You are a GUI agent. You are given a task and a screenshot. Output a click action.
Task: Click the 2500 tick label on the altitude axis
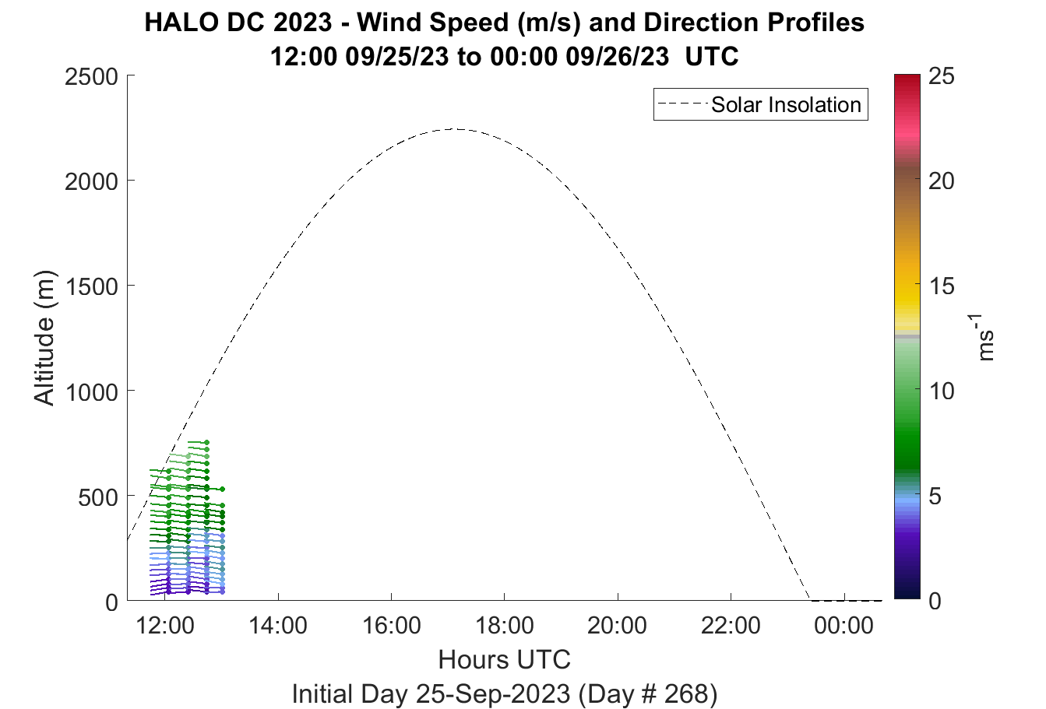[x=91, y=77]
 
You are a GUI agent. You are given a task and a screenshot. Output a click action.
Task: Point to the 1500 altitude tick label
[x=91, y=287]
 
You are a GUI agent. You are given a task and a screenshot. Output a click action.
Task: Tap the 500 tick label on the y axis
[x=98, y=497]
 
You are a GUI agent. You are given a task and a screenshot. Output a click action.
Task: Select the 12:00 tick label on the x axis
[x=165, y=626]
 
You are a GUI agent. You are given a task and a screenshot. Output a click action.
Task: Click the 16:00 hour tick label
[x=391, y=626]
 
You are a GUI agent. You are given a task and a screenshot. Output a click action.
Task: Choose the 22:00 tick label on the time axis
[x=731, y=626]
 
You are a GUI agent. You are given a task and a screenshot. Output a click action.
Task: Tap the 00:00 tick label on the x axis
[x=843, y=626]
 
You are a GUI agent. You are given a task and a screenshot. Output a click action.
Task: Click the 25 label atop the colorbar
[x=942, y=76]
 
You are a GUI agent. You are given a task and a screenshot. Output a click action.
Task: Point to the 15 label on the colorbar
[x=942, y=286]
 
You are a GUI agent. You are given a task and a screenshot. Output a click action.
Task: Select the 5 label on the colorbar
[x=935, y=497]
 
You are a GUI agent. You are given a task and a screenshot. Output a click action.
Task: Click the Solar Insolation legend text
[x=786, y=104]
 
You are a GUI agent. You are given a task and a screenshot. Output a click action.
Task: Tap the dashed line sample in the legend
[x=683, y=104]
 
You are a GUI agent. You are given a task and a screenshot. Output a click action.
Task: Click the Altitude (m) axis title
[x=44, y=338]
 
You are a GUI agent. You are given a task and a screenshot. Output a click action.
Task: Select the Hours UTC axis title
[x=505, y=660]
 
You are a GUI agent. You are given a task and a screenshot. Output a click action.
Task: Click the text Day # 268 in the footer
[x=648, y=694]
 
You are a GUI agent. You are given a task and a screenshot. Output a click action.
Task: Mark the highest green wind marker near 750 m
[x=206, y=443]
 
